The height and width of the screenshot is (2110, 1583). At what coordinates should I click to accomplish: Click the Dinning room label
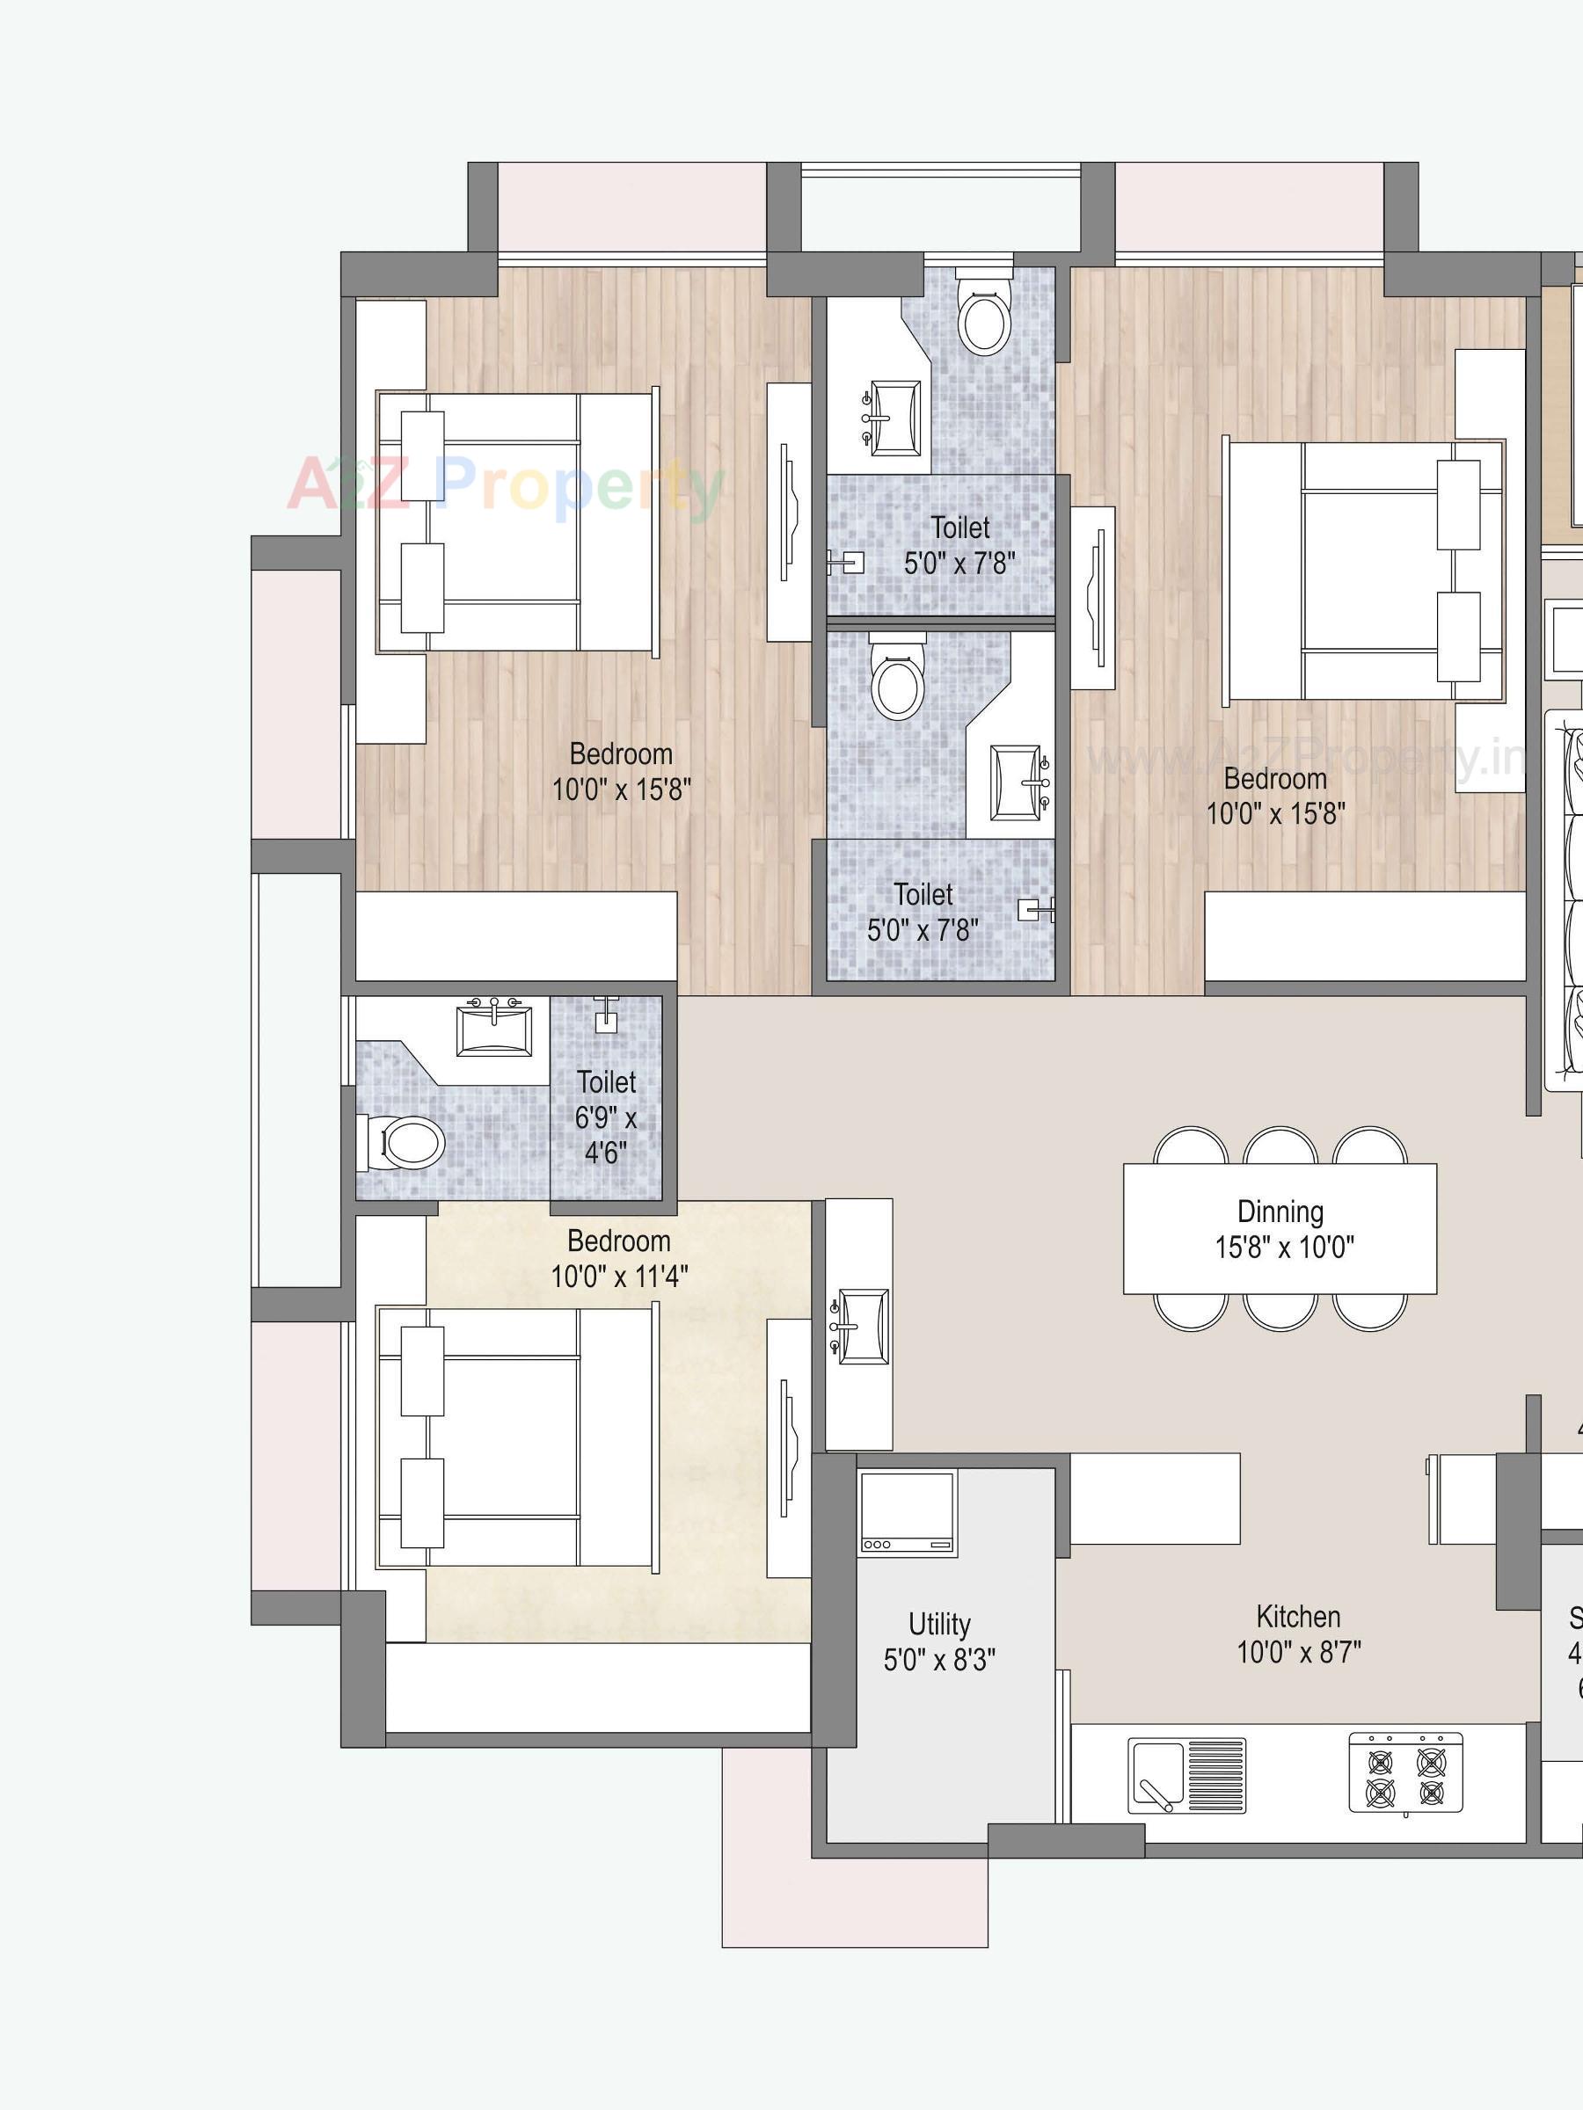(x=1280, y=1211)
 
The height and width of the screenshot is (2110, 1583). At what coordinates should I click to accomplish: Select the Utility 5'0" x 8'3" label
(x=939, y=1641)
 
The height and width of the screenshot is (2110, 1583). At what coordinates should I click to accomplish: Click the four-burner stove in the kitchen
(x=1404, y=1772)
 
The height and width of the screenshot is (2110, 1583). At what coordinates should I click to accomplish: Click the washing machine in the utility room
(x=907, y=1513)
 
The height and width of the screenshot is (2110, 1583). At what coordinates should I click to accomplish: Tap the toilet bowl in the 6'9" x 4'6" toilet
(x=408, y=1142)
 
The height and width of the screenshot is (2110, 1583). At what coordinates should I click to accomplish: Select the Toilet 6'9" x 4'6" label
(x=606, y=1117)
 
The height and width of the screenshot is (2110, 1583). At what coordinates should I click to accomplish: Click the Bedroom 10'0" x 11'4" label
(x=618, y=1258)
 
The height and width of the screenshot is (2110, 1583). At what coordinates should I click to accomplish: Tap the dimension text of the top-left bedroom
(x=621, y=789)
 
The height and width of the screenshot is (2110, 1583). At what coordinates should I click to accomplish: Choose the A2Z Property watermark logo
(x=506, y=486)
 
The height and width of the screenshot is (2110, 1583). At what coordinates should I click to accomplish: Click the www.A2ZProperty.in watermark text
(x=1307, y=760)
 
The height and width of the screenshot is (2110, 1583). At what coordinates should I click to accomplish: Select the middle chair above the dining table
(x=1280, y=1146)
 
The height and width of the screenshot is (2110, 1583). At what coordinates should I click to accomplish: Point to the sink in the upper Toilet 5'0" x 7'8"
(x=894, y=418)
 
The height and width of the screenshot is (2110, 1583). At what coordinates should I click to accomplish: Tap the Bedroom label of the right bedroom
(x=1275, y=778)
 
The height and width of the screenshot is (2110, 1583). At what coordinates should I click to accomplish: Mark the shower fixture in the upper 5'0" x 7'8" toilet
(x=846, y=563)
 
